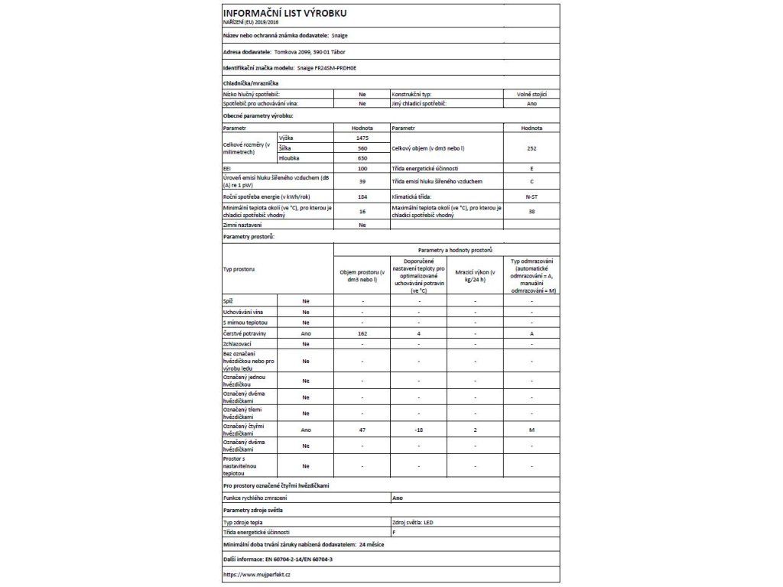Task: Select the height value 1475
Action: click(x=362, y=137)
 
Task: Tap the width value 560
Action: click(x=362, y=148)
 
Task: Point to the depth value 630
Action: click(x=362, y=157)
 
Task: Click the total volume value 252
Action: click(x=531, y=148)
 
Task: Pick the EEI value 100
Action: click(x=362, y=168)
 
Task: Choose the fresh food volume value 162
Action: click(x=362, y=334)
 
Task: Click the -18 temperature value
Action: click(x=419, y=431)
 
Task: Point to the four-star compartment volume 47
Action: click(x=362, y=431)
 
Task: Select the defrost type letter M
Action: click(x=531, y=431)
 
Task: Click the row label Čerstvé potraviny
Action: click(x=244, y=334)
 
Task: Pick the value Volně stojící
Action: click(x=531, y=93)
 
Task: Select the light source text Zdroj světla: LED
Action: click(x=412, y=521)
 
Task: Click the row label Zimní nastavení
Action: click(x=242, y=225)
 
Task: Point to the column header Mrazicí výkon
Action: click(x=475, y=277)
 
